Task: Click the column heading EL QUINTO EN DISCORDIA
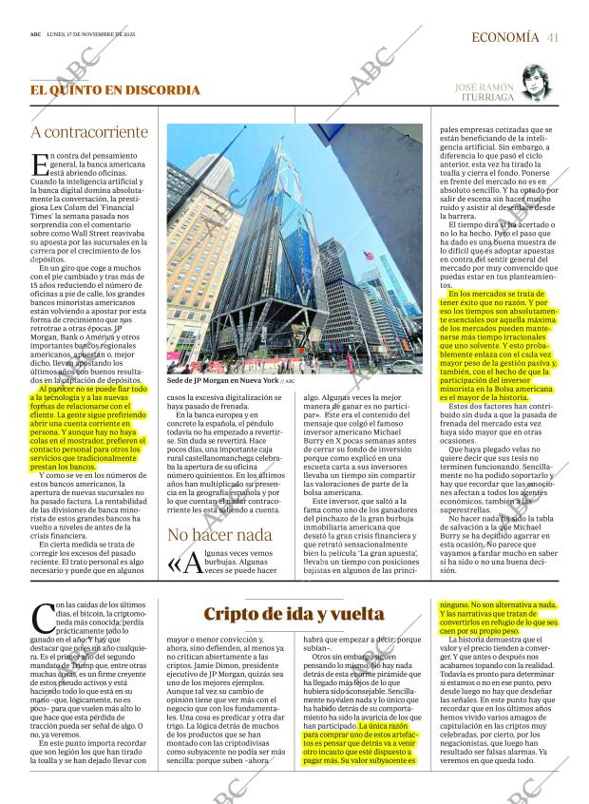coord(115,90)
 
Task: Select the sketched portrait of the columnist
coord(540,95)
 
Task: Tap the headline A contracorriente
coord(89,133)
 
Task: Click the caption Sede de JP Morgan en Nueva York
coord(223,379)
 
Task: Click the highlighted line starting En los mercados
coord(503,295)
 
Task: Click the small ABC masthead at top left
coord(35,36)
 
